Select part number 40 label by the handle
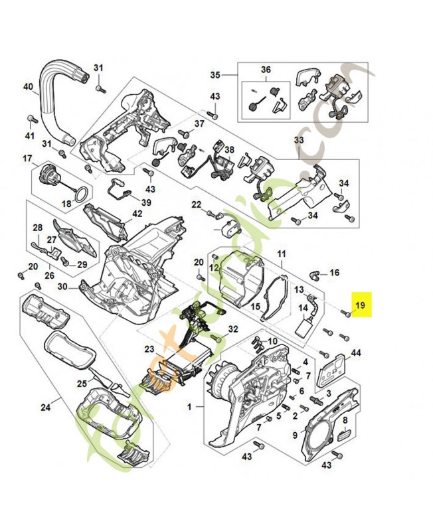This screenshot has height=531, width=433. pyautogui.click(x=28, y=86)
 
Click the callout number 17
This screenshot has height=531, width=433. pyautogui.click(x=28, y=158)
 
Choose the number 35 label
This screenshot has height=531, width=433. pyautogui.click(x=215, y=74)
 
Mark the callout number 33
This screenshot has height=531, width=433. pyautogui.click(x=299, y=140)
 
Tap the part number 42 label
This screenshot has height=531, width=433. pyautogui.click(x=137, y=213)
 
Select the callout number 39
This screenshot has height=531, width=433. pyautogui.click(x=145, y=202)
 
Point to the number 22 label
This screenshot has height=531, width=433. pyautogui.click(x=197, y=204)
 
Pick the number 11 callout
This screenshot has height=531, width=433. pyautogui.click(x=281, y=254)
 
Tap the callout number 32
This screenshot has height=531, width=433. pyautogui.click(x=232, y=329)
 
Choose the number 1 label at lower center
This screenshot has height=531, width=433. pyautogui.click(x=190, y=406)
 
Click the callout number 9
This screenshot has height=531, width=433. pyautogui.click(x=295, y=435)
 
